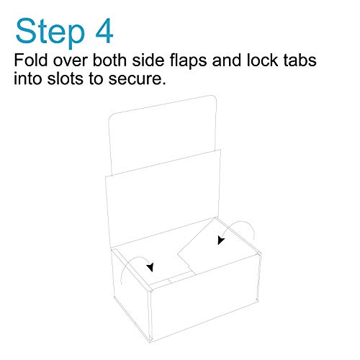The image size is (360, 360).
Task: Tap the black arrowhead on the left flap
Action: pyautogui.click(x=150, y=267)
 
